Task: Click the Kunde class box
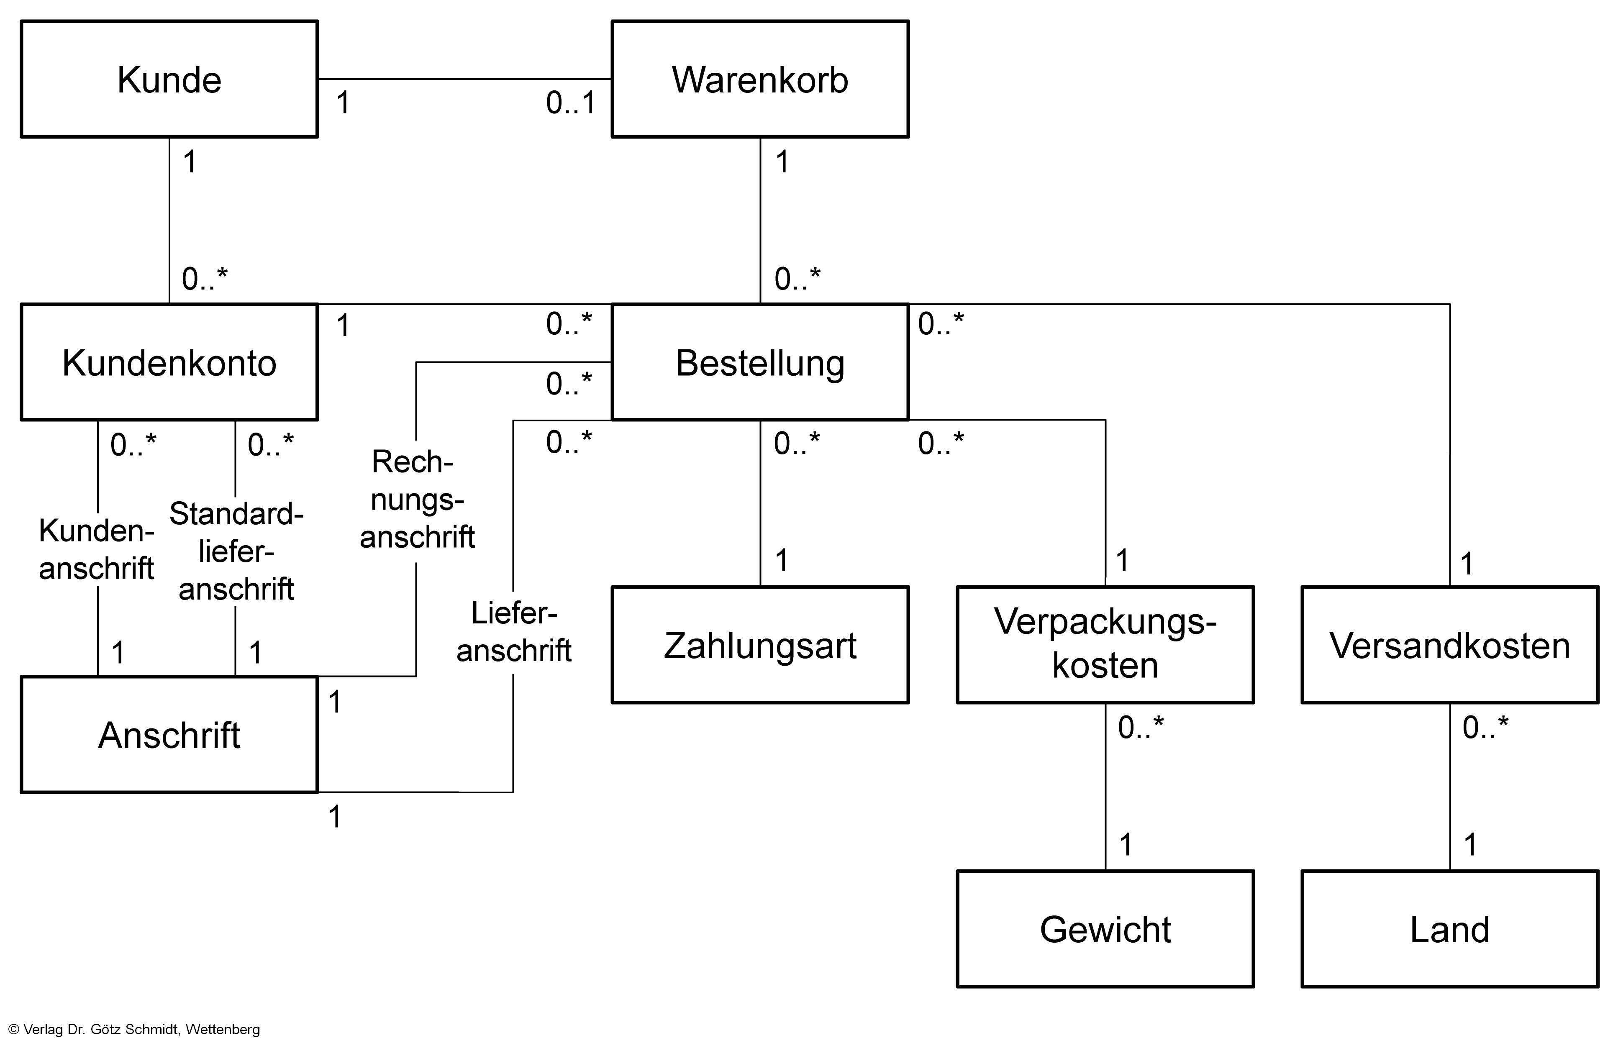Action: point(169,79)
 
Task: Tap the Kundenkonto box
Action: point(169,362)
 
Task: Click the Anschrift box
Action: point(169,734)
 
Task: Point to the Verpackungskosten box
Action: point(1105,645)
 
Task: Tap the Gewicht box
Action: point(1105,928)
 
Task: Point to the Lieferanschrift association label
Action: point(513,632)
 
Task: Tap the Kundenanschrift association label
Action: point(97,549)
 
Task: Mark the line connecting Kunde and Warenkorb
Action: point(464,79)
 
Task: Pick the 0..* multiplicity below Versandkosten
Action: point(1485,728)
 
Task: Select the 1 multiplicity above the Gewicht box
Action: point(1126,845)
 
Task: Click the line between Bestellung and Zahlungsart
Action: point(760,502)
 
